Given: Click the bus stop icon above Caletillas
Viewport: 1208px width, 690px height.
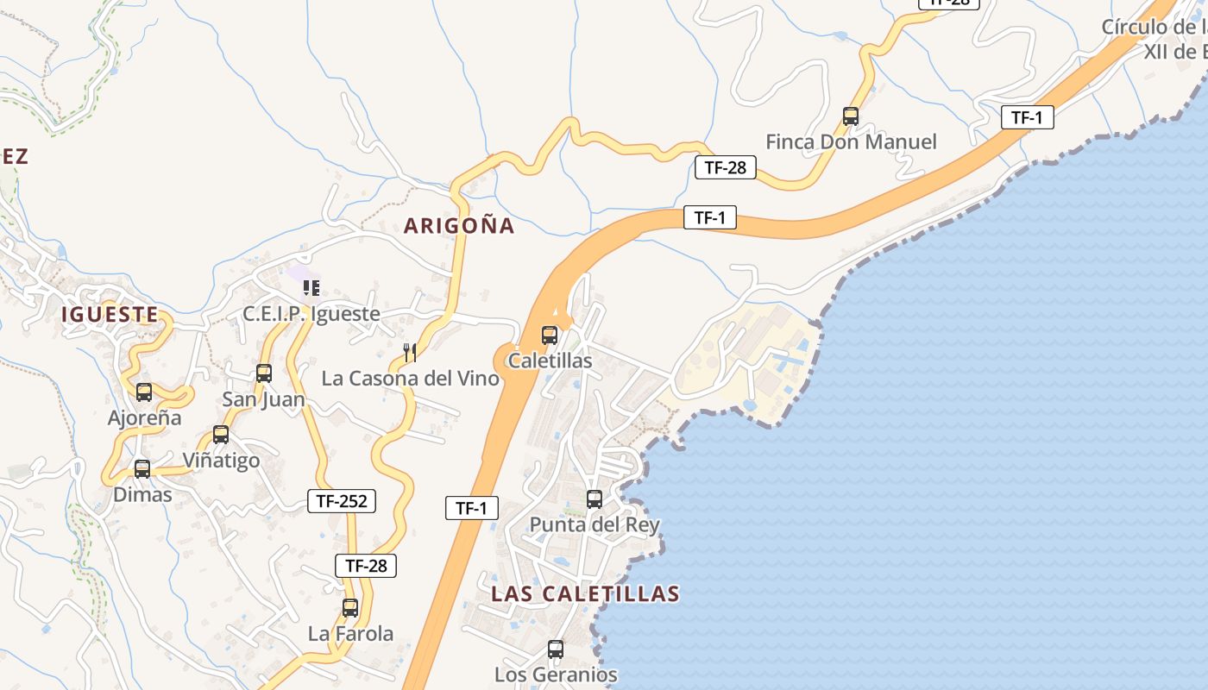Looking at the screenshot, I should tap(550, 336).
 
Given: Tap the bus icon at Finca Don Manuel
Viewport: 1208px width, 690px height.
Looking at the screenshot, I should tap(851, 116).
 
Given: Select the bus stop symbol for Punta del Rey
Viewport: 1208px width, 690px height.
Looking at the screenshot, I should tap(595, 499).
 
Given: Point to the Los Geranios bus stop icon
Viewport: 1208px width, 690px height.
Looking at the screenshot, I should tap(556, 649).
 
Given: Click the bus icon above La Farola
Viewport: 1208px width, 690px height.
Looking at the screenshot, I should tap(350, 608).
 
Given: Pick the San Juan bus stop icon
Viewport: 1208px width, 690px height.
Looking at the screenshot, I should tap(264, 373).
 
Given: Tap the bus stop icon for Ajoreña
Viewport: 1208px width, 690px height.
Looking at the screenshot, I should tap(144, 392).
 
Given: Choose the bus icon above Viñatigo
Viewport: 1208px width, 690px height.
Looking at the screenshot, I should tap(221, 435).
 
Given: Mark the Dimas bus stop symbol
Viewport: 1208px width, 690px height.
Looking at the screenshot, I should tap(142, 469).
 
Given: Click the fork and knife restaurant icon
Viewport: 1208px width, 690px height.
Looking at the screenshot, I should tap(410, 352).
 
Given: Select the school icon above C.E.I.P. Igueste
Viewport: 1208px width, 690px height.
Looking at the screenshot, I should tap(311, 288).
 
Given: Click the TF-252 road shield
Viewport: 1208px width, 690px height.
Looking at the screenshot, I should tap(342, 501).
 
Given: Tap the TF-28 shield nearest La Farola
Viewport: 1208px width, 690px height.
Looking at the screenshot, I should tap(366, 566).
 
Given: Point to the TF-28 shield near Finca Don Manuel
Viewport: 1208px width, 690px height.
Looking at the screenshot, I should tap(726, 167).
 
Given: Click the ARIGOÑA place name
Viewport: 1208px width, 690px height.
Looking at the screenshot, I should tap(459, 226).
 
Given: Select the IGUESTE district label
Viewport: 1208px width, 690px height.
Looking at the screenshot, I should tap(110, 315).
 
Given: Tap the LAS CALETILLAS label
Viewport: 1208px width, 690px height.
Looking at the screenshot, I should tap(585, 593).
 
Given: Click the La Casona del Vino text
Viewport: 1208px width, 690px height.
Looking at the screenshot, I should tap(410, 379).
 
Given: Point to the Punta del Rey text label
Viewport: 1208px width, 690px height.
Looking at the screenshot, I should tap(595, 524).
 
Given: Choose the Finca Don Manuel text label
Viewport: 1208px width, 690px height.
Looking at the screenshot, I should tap(851, 142).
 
